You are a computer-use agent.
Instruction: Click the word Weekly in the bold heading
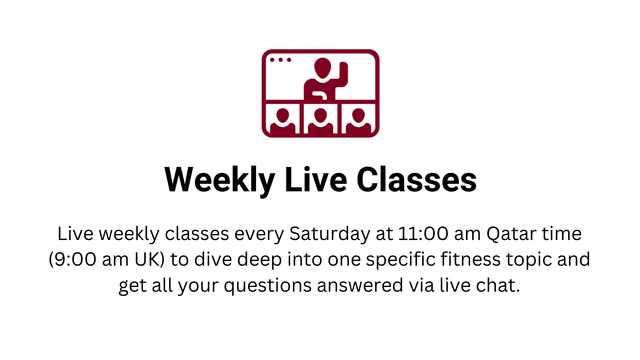(220, 180)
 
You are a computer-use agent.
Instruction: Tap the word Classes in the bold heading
(417, 180)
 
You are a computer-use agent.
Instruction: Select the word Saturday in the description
(330, 234)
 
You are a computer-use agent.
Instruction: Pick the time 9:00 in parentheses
(75, 259)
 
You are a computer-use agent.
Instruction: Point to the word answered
(360, 285)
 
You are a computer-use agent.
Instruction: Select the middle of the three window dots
(281, 60)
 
